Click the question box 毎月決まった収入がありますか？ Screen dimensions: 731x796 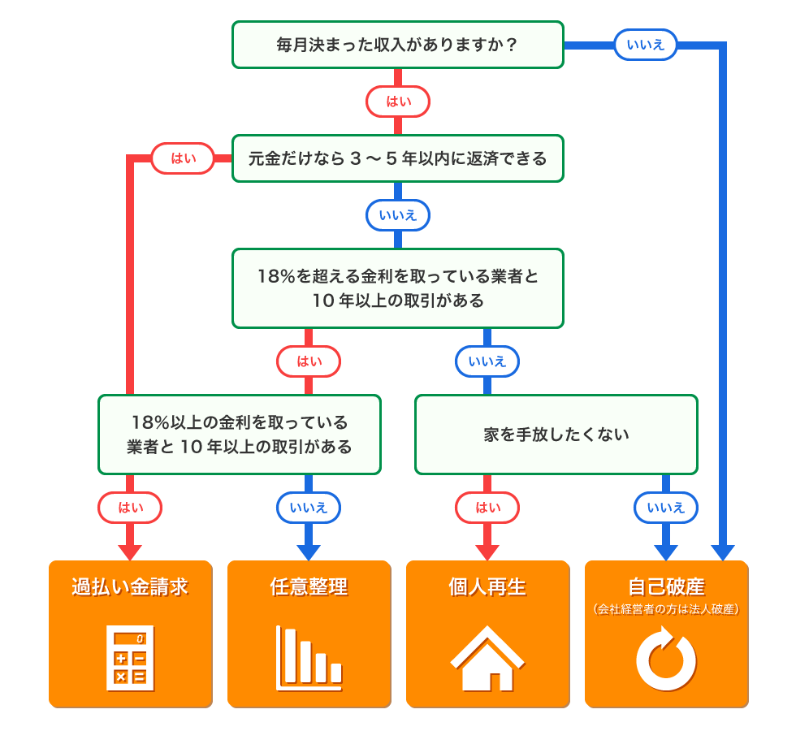tap(397, 45)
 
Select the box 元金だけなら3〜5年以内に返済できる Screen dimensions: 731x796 tap(397, 158)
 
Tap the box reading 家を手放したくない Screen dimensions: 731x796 tap(556, 435)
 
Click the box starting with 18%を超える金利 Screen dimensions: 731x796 tap(397, 288)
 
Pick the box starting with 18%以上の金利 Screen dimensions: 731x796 tap(239, 435)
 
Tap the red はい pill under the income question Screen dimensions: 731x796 tap(397, 102)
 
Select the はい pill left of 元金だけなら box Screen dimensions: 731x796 tap(183, 158)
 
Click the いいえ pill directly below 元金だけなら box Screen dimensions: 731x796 tap(397, 215)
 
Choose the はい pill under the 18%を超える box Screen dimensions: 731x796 tap(309, 361)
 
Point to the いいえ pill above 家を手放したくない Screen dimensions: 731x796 tap(487, 361)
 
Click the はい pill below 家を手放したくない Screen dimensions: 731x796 tap(487, 508)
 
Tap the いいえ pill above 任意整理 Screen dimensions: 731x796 tap(309, 508)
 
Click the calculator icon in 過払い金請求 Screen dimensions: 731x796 tap(130, 656)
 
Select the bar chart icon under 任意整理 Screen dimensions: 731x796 tap(309, 656)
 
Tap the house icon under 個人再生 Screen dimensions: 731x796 tap(487, 656)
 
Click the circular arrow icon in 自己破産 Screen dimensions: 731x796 tap(666, 658)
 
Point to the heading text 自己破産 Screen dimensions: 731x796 tap(666, 586)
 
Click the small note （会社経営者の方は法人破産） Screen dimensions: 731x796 tap(666, 608)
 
